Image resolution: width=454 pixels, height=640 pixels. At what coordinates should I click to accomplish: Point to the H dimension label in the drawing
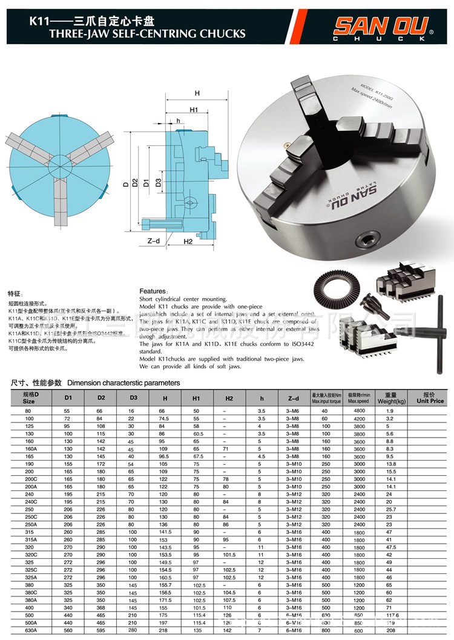pyautogui.click(x=197, y=93)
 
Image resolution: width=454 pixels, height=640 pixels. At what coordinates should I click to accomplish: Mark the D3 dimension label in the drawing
pyautogui.click(x=157, y=182)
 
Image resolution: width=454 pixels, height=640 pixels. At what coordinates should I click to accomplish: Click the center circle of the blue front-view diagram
pyautogui.click(x=59, y=163)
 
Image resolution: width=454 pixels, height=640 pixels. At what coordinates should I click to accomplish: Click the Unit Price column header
pyautogui.click(x=430, y=398)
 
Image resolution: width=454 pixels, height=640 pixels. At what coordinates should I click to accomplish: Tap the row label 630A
pyautogui.click(x=30, y=630)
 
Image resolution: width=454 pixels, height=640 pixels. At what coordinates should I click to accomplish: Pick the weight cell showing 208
pyautogui.click(x=389, y=630)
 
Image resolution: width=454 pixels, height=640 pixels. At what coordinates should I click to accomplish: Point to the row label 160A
pyautogui.click(x=30, y=448)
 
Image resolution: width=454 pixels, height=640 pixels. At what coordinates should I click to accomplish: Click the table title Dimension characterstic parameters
pyautogui.click(x=123, y=382)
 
